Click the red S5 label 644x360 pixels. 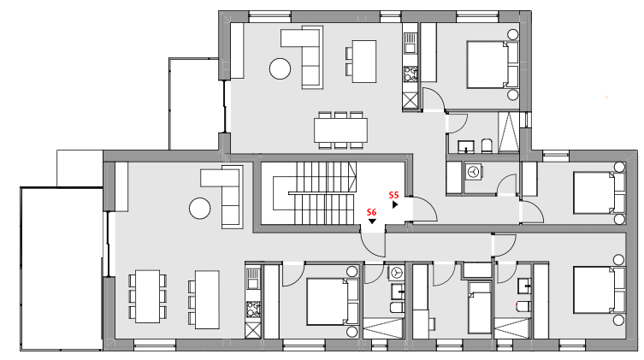click(394, 195)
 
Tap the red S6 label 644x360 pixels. click(372, 212)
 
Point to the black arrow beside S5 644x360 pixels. click(395, 204)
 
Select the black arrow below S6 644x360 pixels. click(372, 221)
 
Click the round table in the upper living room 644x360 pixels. click(281, 68)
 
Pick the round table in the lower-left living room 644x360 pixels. click(200, 209)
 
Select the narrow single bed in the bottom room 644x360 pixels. click(480, 307)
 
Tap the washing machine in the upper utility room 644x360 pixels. click(474, 172)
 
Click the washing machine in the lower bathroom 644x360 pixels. click(396, 272)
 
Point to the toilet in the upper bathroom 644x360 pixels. click(487, 145)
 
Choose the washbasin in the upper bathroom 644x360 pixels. click(467, 146)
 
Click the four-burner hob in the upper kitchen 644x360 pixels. click(411, 74)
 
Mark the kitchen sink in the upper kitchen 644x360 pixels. click(410, 44)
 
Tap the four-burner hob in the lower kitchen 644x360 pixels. click(253, 310)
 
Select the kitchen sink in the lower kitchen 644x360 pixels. click(252, 278)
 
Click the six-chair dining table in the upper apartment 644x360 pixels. click(340, 130)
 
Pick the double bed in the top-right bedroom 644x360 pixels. click(493, 64)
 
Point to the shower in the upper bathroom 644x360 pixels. click(509, 133)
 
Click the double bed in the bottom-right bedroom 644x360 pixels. click(600, 290)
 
